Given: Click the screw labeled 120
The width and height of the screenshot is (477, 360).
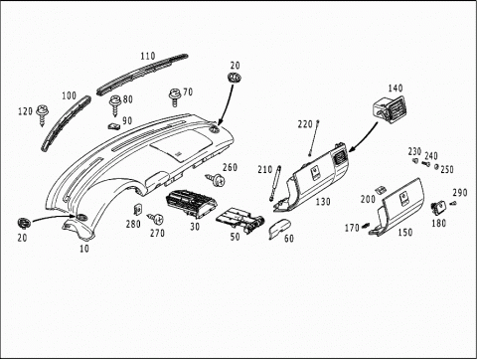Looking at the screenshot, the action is [x=42, y=114].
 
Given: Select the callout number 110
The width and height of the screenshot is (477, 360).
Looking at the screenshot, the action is [x=148, y=56].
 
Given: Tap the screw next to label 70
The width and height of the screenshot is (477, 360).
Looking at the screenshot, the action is [x=174, y=96].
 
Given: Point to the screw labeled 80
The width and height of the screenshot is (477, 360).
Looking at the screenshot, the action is [x=115, y=104].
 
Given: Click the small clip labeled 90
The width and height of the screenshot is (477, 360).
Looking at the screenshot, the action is [x=114, y=126].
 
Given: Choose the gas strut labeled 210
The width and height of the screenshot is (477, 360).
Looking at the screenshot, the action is [x=275, y=183].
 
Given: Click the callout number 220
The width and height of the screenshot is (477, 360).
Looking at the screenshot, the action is [x=305, y=124].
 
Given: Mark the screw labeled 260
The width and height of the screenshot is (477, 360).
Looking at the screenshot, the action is [x=215, y=180].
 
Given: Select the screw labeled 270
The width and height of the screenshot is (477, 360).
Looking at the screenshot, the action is [x=155, y=219].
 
